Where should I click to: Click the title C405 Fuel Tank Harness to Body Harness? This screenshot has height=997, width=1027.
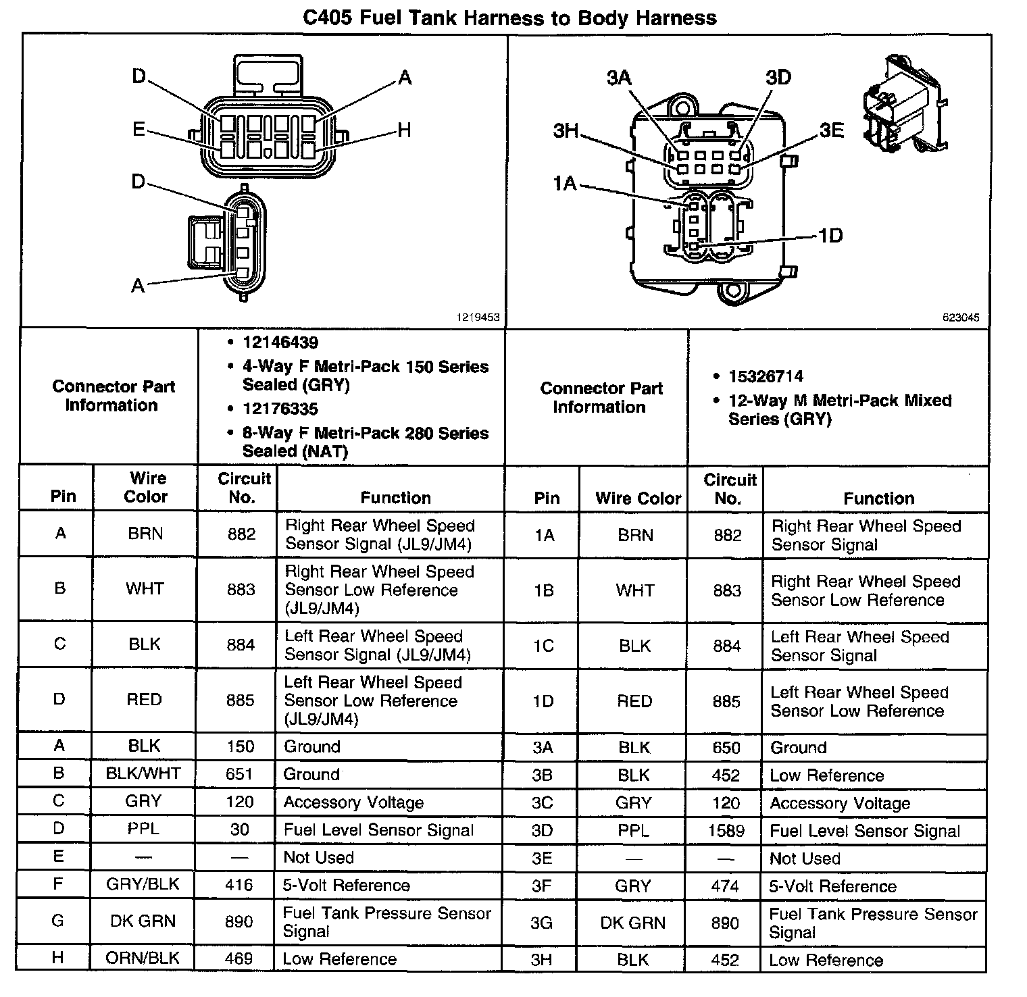coord(509,17)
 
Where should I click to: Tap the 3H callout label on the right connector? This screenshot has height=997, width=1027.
coord(566,130)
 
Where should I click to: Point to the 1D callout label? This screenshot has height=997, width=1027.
coord(830,235)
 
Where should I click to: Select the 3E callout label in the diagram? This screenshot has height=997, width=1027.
coord(832,130)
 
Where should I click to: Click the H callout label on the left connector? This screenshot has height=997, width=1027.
coord(404,130)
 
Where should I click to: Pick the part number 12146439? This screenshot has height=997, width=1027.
coord(280,342)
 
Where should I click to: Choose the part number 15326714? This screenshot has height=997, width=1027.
coord(766,376)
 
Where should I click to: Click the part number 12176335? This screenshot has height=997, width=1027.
coord(280,409)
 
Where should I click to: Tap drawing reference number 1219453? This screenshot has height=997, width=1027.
coord(479,317)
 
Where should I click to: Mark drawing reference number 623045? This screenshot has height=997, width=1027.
coord(961,317)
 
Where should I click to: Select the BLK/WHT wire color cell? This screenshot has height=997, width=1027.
coord(143,773)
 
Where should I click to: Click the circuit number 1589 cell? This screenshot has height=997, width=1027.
coord(726,831)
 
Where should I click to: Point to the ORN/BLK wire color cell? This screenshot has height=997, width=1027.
coord(143,958)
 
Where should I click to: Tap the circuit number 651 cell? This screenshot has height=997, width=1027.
coord(239,774)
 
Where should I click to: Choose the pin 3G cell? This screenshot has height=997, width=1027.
coord(542,923)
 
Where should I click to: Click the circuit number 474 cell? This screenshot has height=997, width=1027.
coord(725,886)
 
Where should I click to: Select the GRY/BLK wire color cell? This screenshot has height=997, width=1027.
coord(143,885)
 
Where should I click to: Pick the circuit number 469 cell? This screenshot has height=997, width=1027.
coord(239,958)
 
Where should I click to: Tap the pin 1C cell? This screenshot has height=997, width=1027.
coord(543,646)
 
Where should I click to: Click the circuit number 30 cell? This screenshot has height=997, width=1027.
coord(240,829)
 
